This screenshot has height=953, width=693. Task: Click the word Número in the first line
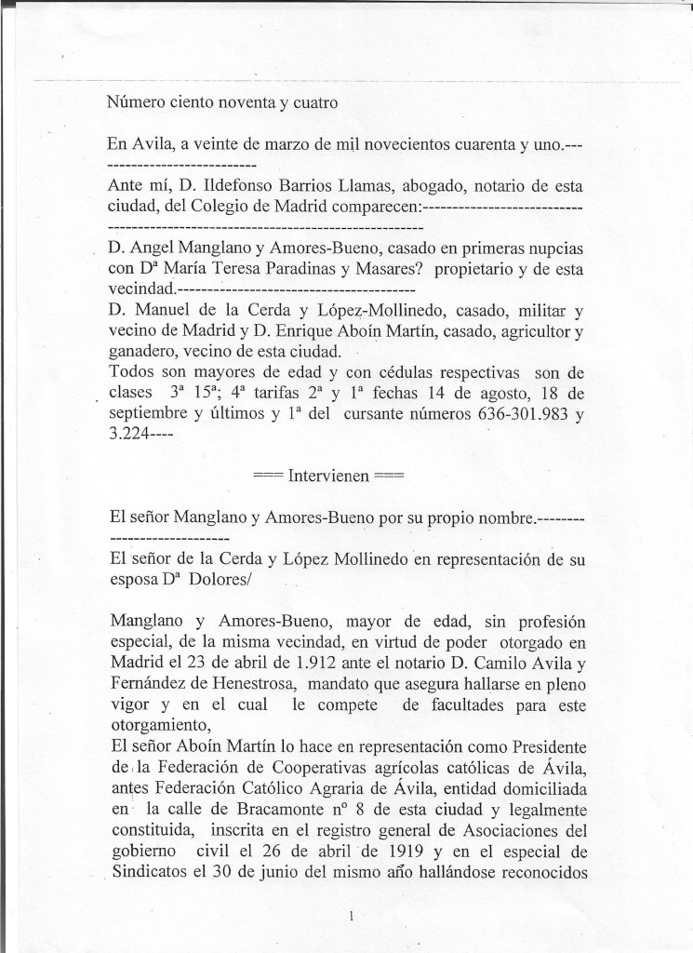[x=136, y=104]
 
